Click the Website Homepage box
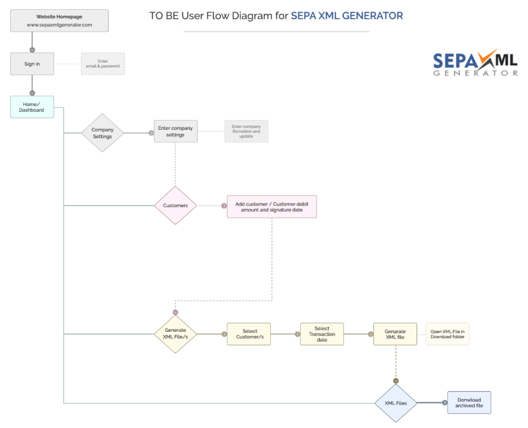[59, 21]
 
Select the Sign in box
[32, 64]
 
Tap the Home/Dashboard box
[32, 107]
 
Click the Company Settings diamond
[103, 133]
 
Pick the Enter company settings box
[175, 131]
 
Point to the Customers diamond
[175, 206]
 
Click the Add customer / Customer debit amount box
[272, 207]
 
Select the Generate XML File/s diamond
[175, 334]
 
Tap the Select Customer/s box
[249, 334]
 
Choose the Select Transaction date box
[322, 334]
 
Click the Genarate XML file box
[395, 334]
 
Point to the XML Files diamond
[395, 403]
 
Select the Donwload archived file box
[469, 402]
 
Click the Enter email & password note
[103, 64]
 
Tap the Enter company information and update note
[246, 131]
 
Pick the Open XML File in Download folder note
[448, 334]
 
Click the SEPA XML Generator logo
[475, 63]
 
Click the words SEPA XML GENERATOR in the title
[347, 15]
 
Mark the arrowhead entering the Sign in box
[32, 50]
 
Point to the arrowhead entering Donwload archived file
[444, 403]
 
